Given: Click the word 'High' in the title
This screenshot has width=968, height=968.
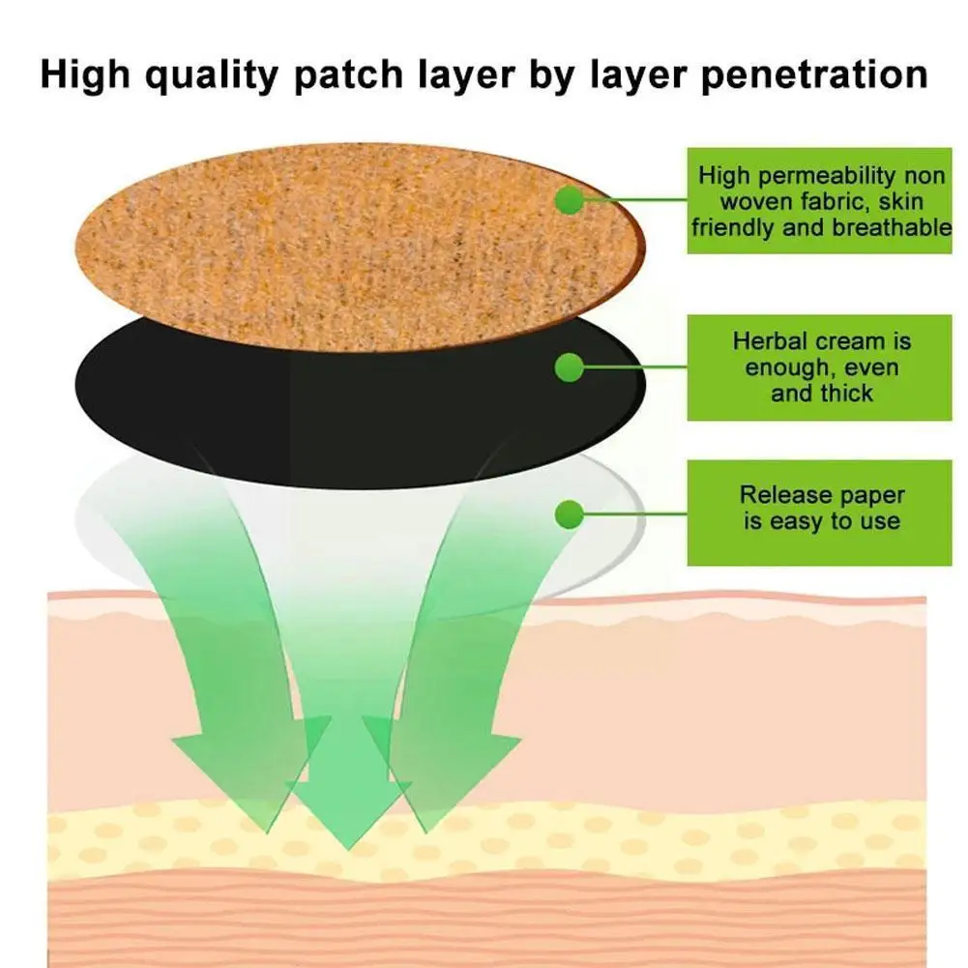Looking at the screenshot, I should pyautogui.click(x=89, y=74).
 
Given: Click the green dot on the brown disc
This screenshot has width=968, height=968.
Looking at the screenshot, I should pyautogui.click(x=570, y=200).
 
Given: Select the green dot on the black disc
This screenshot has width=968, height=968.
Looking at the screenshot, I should pyautogui.click(x=570, y=367).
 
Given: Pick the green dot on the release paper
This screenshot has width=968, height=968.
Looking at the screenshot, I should pyautogui.click(x=570, y=513).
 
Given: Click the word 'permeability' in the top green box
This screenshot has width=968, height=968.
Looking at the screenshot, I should pyautogui.click(x=819, y=176).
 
